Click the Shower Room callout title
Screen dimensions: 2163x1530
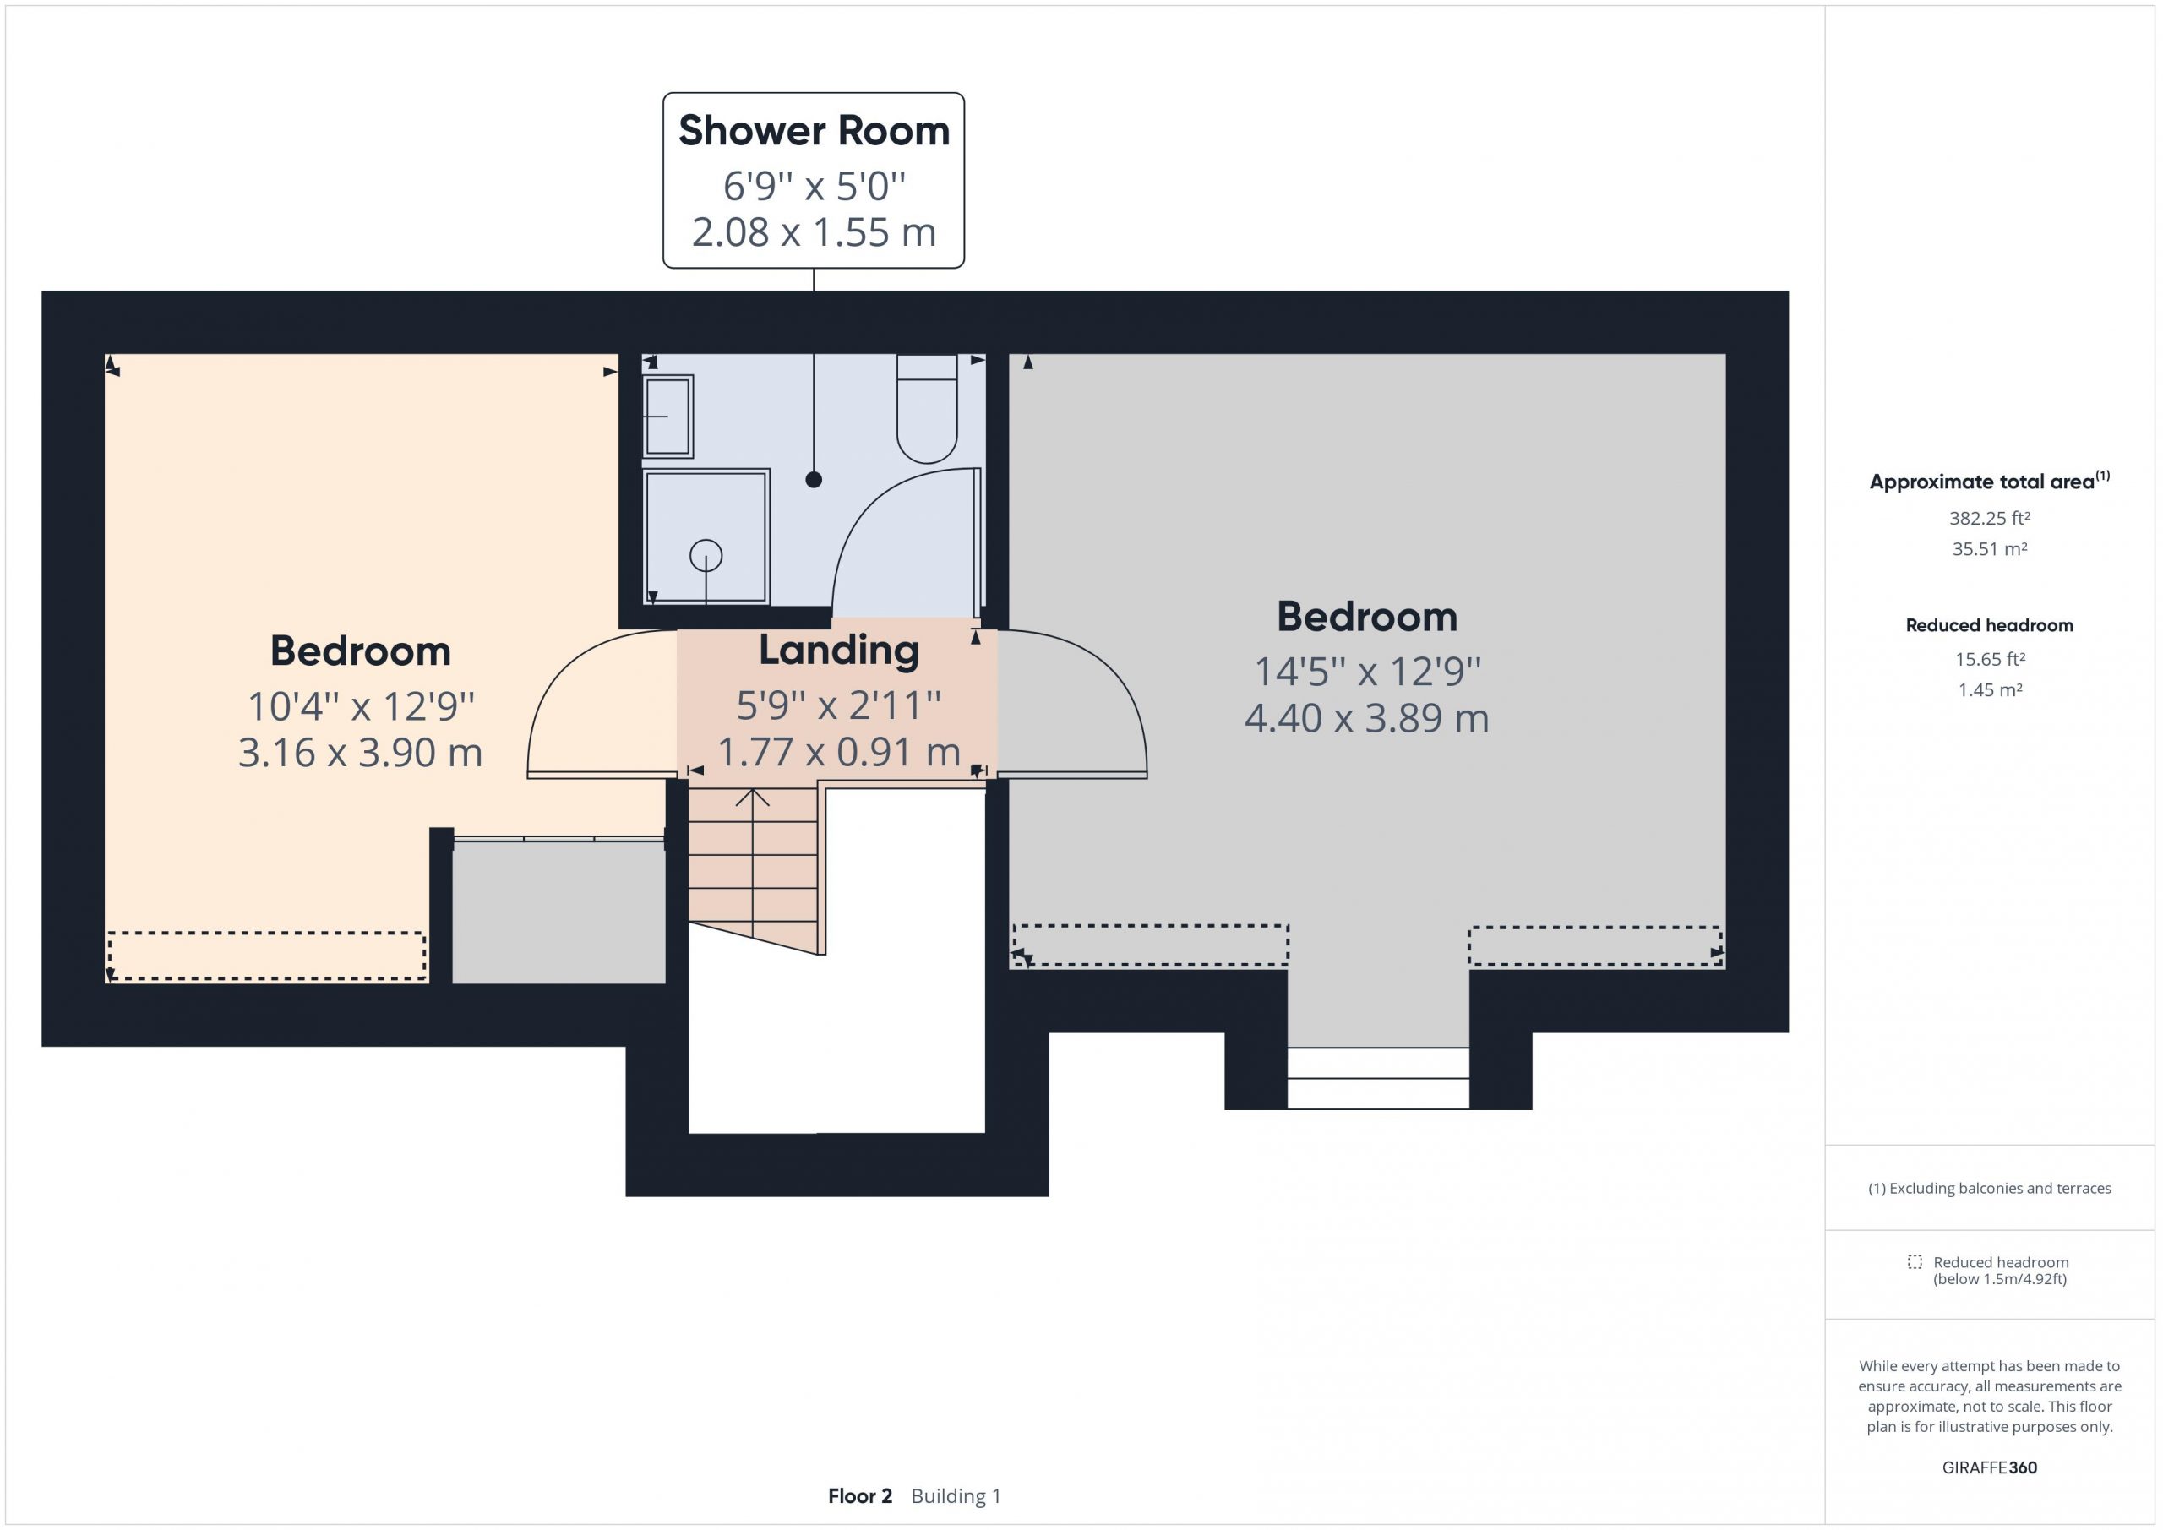click(x=814, y=130)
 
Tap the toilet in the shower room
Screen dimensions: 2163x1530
click(x=927, y=409)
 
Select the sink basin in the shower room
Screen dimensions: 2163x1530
click(x=668, y=416)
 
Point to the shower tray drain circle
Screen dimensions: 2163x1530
click(x=706, y=556)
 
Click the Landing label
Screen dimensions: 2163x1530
click(x=838, y=650)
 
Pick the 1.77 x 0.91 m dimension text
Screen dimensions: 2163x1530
click(x=838, y=752)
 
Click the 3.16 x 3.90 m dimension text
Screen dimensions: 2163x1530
click(x=360, y=753)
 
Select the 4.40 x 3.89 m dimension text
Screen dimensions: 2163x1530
click(x=1367, y=718)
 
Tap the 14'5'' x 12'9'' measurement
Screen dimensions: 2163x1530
click(x=1367, y=672)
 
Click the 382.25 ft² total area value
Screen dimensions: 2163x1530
click(x=1989, y=518)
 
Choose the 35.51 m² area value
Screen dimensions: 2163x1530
click(x=1989, y=548)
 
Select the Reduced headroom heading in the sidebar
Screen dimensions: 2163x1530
click(x=1989, y=625)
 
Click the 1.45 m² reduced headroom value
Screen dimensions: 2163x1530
click(x=1990, y=689)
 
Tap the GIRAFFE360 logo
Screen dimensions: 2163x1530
click(x=1989, y=1467)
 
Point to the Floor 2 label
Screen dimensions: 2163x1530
click(x=859, y=1496)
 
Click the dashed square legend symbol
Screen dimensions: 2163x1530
click(x=1915, y=1261)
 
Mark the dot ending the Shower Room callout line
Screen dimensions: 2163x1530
click(x=814, y=480)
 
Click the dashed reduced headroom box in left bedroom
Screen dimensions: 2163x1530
click(x=267, y=956)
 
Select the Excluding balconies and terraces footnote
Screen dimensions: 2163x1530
click(x=1989, y=1188)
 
